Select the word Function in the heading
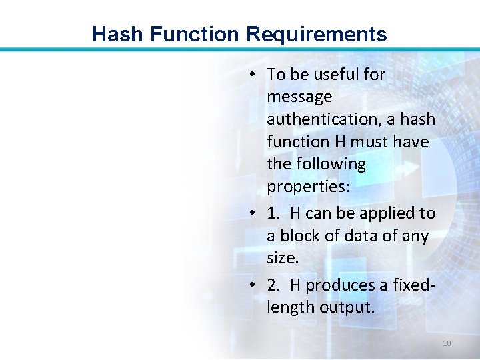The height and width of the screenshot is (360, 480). pyautogui.click(x=192, y=34)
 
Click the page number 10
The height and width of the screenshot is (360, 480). pyautogui.click(x=447, y=343)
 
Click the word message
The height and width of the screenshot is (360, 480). pyautogui.click(x=299, y=97)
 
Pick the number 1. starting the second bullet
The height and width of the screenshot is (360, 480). pyautogui.click(x=273, y=213)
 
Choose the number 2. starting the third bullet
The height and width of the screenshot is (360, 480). pyautogui.click(x=273, y=285)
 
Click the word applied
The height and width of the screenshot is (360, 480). pyautogui.click(x=387, y=213)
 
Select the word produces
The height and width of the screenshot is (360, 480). pyautogui.click(x=339, y=285)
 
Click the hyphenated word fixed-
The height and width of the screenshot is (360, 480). pyautogui.click(x=411, y=285)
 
